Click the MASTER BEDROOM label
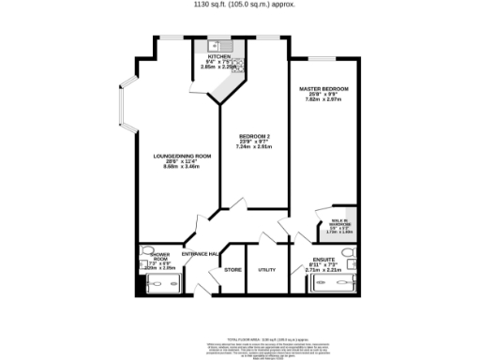tap(323, 88)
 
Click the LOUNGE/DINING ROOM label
tap(182, 155)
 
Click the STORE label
tap(232, 270)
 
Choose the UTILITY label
tap(267, 270)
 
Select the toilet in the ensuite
tap(349, 253)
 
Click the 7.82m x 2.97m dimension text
tap(323, 100)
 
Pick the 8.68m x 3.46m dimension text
tap(182, 166)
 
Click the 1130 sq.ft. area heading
tap(240, 5)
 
